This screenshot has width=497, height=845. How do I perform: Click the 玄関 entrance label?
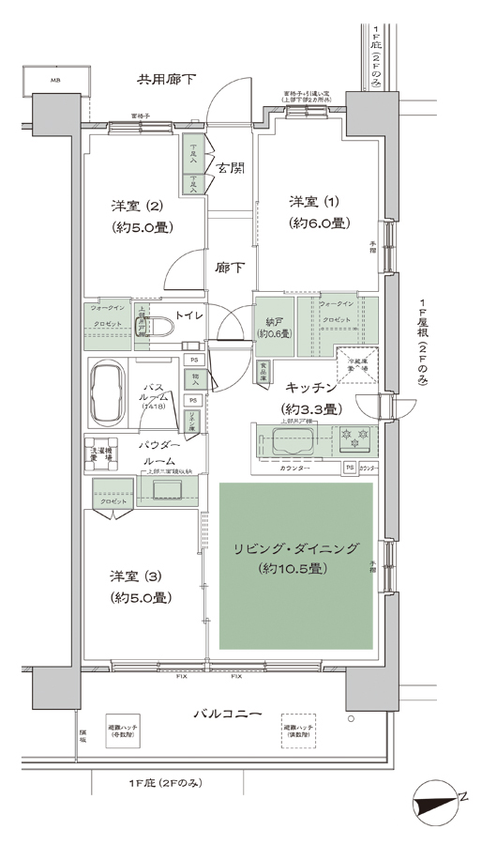231,169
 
